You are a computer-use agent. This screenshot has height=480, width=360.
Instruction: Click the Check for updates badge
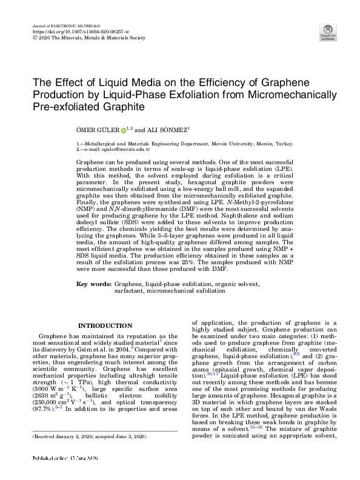[x=328, y=32]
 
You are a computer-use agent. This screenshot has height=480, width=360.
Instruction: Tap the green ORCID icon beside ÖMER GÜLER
[x=124, y=130]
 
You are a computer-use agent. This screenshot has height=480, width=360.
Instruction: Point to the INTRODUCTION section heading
[x=105, y=325]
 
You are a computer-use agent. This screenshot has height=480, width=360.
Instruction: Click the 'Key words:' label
[x=94, y=284]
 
